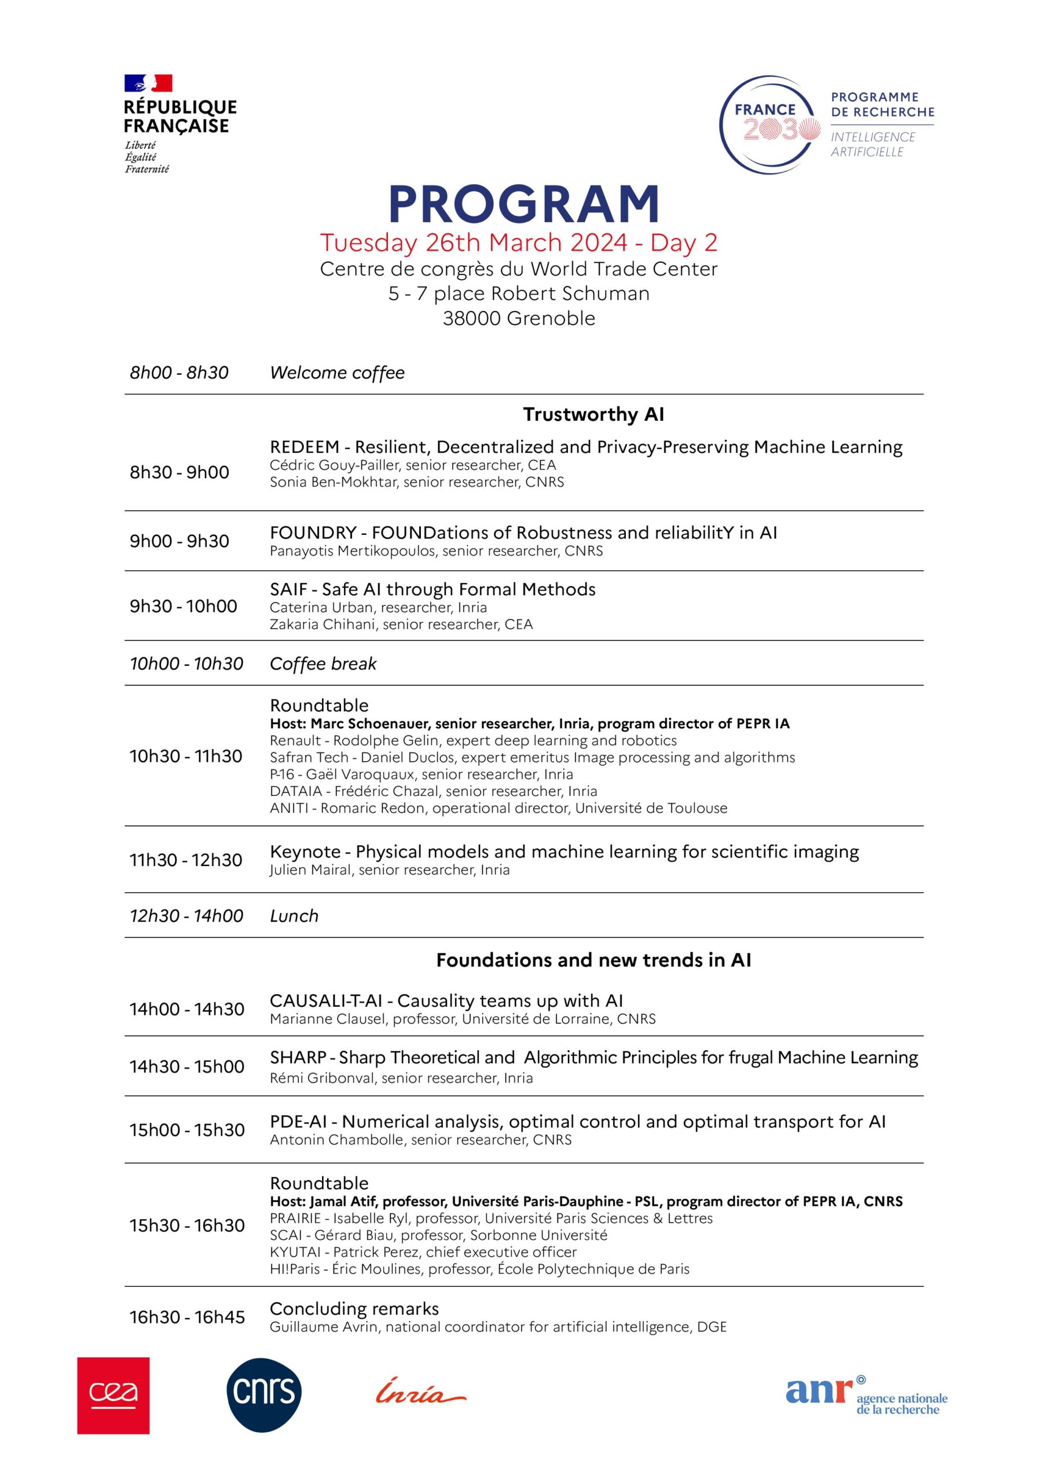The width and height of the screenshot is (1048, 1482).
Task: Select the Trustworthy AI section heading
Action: [x=593, y=414]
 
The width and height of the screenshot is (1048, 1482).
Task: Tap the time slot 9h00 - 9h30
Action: [x=179, y=541]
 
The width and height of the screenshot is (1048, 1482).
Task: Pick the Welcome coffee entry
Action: [x=337, y=373]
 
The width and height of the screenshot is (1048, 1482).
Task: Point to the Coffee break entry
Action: [x=323, y=664]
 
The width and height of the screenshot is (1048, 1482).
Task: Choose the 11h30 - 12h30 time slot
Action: [x=186, y=860]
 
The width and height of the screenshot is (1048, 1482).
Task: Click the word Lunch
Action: [x=294, y=916]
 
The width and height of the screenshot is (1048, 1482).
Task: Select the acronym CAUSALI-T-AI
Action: [x=326, y=1001]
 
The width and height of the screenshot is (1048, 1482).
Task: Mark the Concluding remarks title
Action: [x=354, y=1309]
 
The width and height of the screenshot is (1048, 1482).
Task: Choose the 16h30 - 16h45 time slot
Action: [x=187, y=1318]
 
